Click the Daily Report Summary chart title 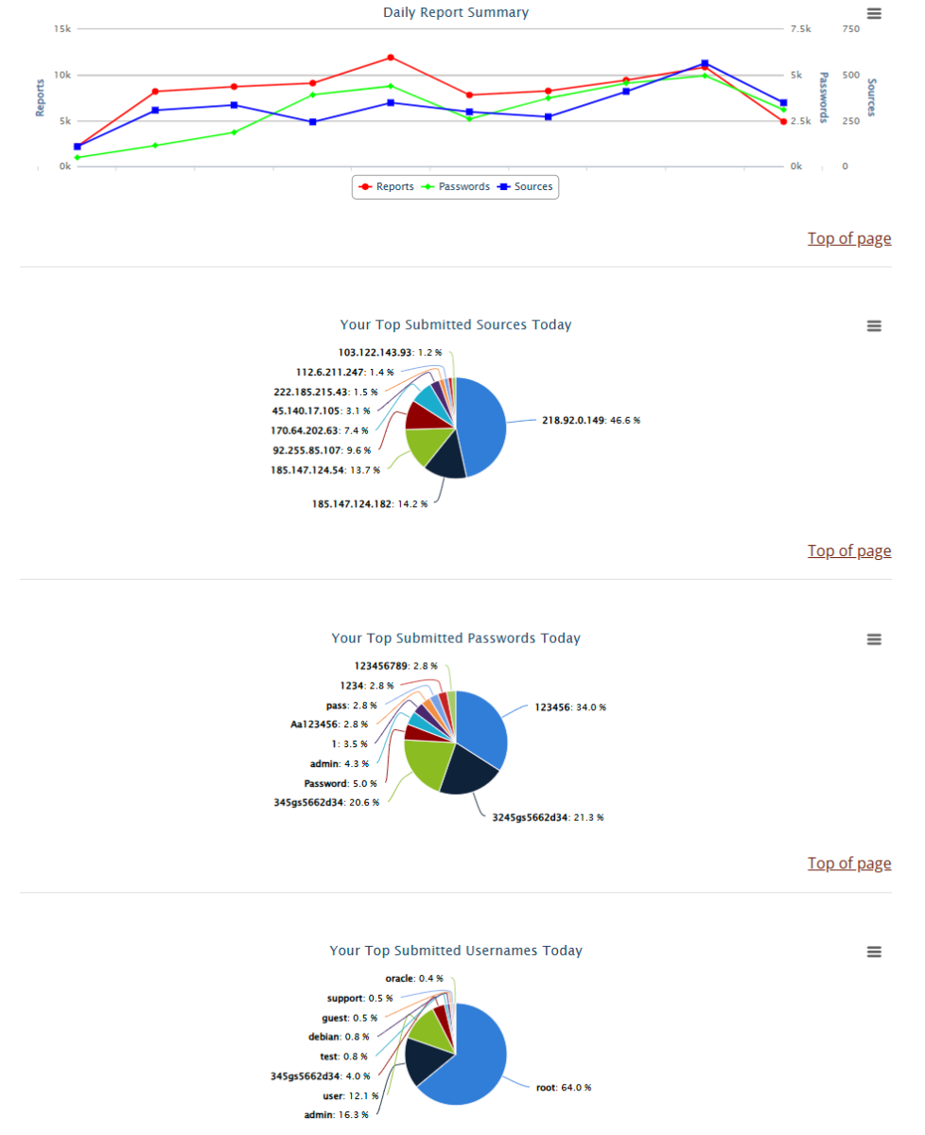coord(456,12)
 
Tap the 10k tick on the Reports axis coord(61,75)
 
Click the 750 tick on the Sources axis coord(850,29)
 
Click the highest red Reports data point coord(390,58)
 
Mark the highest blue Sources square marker coord(705,63)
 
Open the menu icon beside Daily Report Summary coord(874,13)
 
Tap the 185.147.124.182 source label coord(370,504)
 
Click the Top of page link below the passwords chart coord(848,864)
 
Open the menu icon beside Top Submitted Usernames coord(874,952)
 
